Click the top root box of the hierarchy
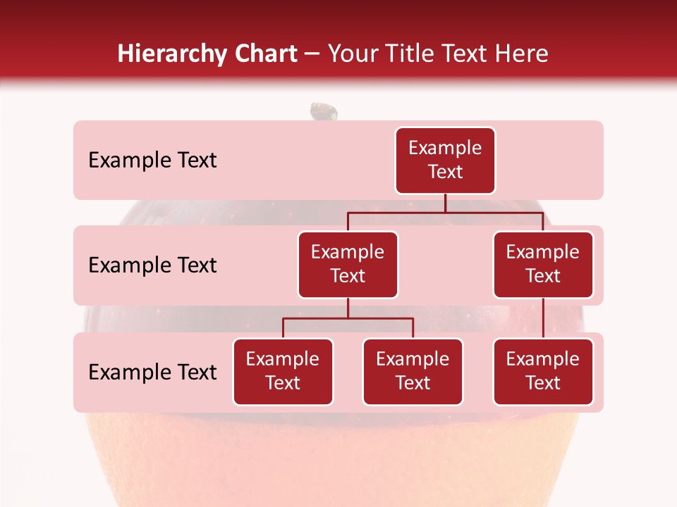[x=445, y=161]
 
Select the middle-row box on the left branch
[x=348, y=265]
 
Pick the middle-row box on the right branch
[x=543, y=265]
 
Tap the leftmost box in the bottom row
[x=283, y=372]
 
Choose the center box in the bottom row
[x=413, y=372]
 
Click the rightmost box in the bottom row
[x=543, y=372]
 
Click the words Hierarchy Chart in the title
[x=207, y=54]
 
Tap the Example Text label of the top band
[x=152, y=161]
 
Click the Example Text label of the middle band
[x=152, y=265]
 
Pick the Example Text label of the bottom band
[x=152, y=372]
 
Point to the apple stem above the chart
[x=324, y=111]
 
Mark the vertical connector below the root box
[x=445, y=203]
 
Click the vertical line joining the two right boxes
[x=543, y=318]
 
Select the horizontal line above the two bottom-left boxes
[x=348, y=318]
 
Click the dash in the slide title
[x=312, y=54]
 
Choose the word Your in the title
[x=350, y=54]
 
